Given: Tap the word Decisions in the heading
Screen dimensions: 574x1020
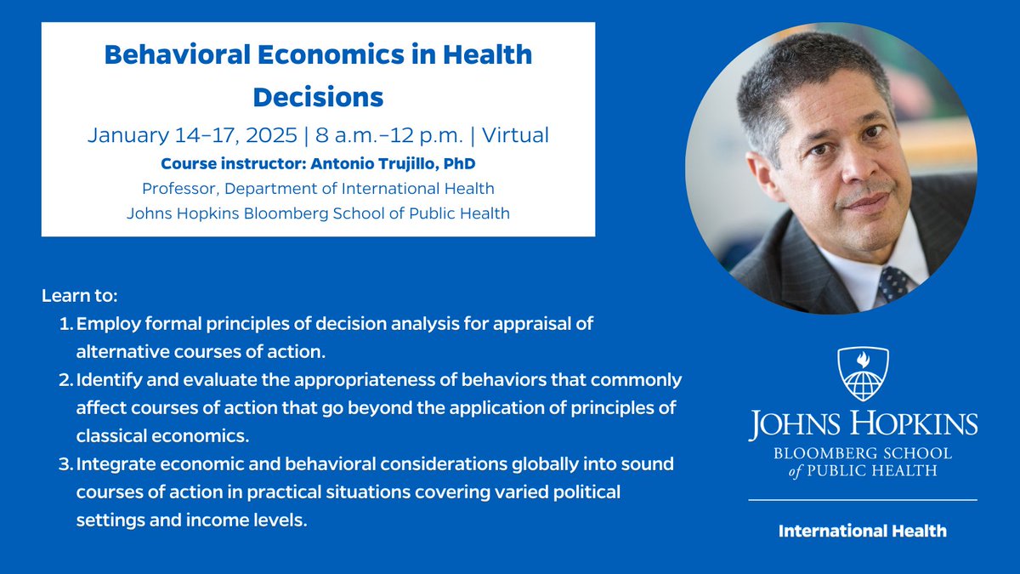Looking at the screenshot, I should point(318,97).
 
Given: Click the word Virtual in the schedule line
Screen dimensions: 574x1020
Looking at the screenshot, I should point(518,135).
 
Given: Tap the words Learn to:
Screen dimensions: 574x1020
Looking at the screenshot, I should point(79,298).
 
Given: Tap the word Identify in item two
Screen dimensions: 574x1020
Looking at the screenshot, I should point(108,380).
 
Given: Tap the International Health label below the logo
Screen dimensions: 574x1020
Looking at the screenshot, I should point(863,531).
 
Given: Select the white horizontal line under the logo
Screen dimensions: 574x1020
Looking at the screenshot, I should point(863,499).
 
